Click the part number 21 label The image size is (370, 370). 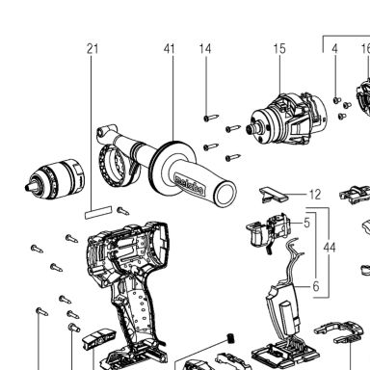[92, 49]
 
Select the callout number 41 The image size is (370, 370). [170, 49]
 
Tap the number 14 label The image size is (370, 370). [205, 49]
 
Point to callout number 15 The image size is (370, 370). [279, 49]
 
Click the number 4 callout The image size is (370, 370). [334, 49]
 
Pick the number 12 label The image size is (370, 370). [315, 195]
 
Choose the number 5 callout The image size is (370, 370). [307, 223]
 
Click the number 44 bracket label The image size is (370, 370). [330, 248]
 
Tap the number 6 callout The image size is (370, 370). [316, 286]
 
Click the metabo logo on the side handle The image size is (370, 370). [189, 185]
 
